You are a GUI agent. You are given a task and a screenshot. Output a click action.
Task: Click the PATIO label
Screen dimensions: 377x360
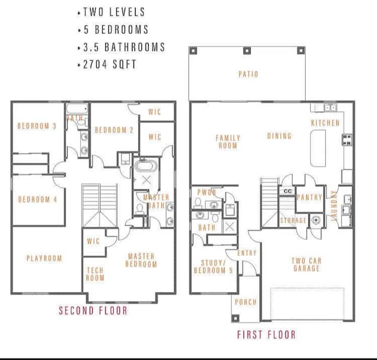coord(248,74)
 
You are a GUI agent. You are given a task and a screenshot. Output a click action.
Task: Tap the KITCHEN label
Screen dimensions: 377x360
coord(325,123)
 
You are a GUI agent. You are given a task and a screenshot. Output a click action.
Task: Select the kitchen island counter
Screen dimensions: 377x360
coord(318,148)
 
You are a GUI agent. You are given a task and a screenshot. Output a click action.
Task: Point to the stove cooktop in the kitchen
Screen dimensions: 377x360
coord(347,140)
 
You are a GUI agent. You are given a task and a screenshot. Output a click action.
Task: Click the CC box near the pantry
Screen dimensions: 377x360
coord(287,191)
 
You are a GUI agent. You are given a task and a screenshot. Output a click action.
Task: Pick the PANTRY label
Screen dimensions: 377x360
coord(309,198)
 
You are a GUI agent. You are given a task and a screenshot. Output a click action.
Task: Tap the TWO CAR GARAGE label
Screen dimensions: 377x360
coord(306,265)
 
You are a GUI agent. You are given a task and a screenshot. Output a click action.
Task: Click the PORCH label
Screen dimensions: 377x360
coord(246,302)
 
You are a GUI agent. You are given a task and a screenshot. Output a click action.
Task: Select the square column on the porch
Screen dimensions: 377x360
coord(235,318)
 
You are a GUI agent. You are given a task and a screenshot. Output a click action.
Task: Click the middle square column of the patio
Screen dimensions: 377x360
coord(247,51)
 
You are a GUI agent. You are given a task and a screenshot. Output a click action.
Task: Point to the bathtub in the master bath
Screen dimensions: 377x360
coord(146,166)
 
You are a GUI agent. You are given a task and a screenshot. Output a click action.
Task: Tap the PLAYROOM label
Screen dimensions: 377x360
coord(44,258)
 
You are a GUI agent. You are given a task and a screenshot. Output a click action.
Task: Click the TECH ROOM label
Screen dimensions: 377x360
coord(95,275)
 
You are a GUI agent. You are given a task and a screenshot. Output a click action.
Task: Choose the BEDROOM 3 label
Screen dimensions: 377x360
coord(37,126)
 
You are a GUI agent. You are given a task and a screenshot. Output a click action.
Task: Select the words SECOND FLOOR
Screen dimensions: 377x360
coord(93,310)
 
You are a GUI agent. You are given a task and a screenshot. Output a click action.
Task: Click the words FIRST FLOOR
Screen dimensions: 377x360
coord(267,335)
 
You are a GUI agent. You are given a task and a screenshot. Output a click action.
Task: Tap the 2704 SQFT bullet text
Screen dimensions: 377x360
coord(109,64)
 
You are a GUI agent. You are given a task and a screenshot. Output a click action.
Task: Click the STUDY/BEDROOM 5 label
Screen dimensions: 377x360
coord(214,267)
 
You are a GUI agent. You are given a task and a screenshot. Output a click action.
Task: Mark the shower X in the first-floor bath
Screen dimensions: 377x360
coord(230,227)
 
